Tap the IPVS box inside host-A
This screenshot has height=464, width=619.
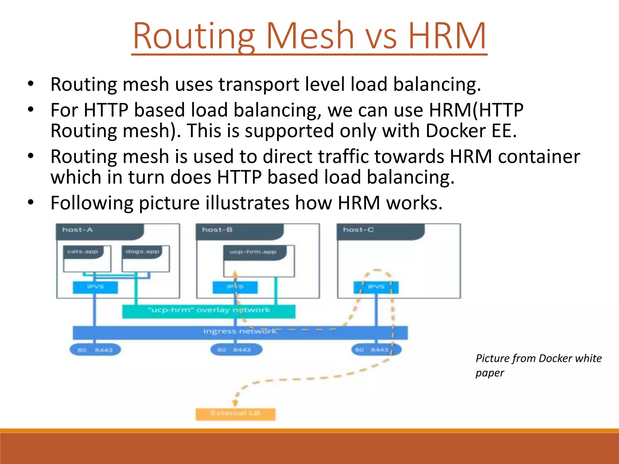(95, 287)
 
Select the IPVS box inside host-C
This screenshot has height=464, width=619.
(376, 287)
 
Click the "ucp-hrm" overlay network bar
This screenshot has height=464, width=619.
(209, 311)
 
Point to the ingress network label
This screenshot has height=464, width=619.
(240, 332)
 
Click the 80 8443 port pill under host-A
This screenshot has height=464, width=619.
(95, 350)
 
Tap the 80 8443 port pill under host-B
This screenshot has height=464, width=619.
(236, 350)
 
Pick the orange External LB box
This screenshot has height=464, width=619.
(235, 414)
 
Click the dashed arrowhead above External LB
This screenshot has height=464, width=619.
(235, 403)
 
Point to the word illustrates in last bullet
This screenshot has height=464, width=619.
(247, 203)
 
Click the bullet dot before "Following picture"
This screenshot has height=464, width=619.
(31, 203)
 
